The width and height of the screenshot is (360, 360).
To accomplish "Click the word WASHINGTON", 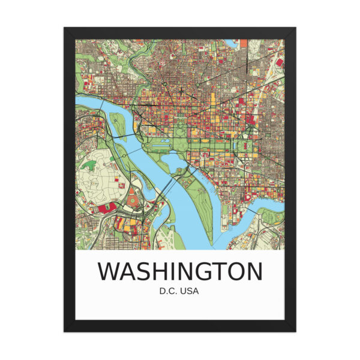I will pos(180,271).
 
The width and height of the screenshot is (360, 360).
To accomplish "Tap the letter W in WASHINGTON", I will pos(109,271).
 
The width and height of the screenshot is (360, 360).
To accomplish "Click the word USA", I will pos(191,292).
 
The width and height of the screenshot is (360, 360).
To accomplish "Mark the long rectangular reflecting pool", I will pos(160,146).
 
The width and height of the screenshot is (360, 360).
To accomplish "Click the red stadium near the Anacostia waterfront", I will pos(247,198).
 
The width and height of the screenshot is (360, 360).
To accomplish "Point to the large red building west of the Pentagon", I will pos(106,208).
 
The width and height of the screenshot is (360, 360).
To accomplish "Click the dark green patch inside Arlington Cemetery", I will pos(90,164).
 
